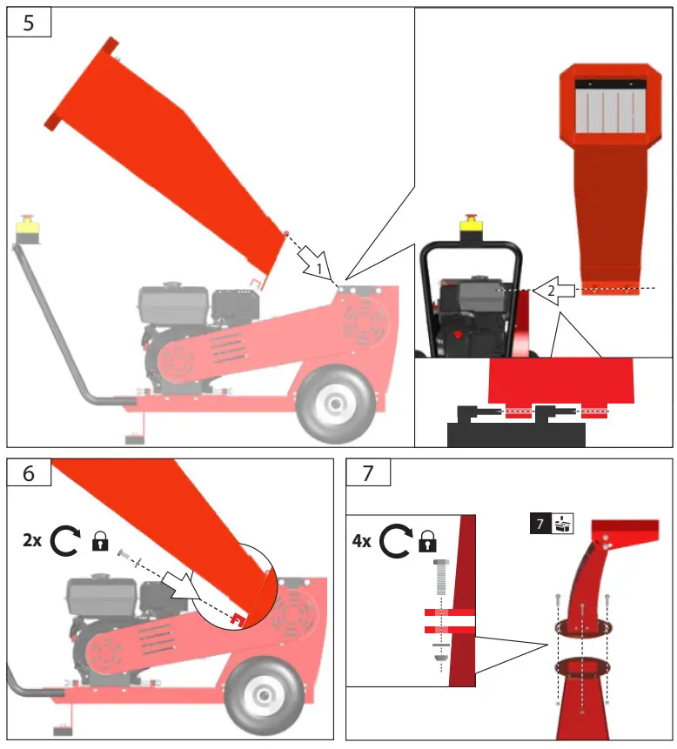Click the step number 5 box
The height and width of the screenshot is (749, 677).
(x=29, y=23)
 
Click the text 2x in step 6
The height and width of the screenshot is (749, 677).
(x=32, y=540)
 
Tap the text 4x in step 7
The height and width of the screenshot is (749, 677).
(x=361, y=541)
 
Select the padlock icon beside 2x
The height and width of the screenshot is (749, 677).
(x=100, y=543)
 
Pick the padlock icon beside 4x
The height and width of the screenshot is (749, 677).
(x=427, y=543)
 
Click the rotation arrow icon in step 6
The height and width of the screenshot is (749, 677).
(x=66, y=541)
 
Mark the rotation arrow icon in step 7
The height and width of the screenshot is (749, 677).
(x=395, y=541)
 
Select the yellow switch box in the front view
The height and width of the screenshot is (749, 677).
(x=472, y=227)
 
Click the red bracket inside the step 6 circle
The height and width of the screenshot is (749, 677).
(x=236, y=617)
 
